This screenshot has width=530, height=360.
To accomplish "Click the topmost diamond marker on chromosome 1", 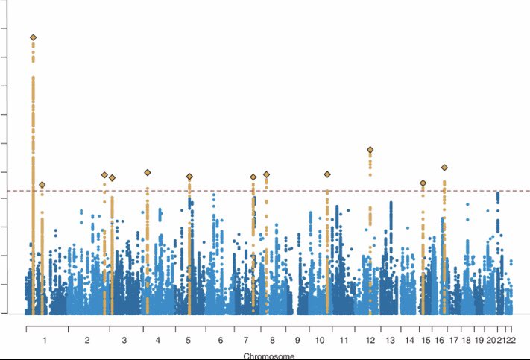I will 33,37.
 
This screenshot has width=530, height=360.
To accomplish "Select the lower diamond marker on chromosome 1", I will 42,185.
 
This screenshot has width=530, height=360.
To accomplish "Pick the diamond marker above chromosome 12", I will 370,150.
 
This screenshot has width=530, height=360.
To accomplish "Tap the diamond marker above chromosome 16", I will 444,168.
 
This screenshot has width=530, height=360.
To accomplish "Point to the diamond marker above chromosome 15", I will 423,183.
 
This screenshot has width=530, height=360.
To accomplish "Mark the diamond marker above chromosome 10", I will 327,174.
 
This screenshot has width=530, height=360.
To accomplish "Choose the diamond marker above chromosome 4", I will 148,173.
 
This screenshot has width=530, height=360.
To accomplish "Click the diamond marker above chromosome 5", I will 189,177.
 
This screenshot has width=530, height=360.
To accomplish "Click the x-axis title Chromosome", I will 264,356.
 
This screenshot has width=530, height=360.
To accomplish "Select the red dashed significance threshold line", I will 298,191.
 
